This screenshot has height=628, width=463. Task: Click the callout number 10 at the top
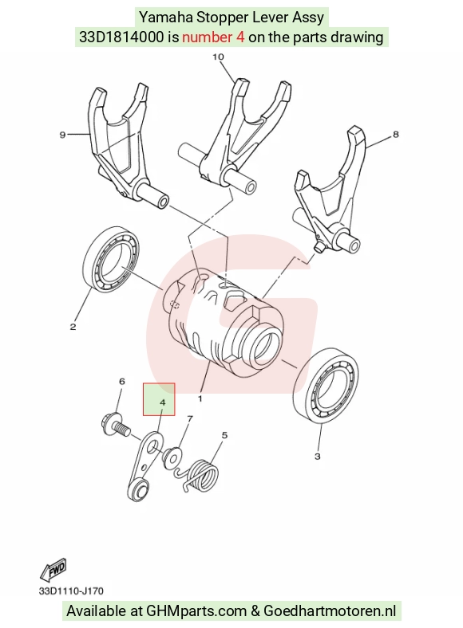218,57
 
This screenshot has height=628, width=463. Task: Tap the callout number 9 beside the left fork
62,135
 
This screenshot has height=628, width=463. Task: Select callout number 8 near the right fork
396,134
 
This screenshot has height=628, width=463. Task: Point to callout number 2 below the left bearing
73,327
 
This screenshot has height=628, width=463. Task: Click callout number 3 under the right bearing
318,456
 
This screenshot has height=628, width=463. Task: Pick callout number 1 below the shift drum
200,398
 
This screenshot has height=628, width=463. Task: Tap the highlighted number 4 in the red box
163,402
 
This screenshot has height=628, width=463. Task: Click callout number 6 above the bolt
122,381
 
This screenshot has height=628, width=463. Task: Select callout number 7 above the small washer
190,419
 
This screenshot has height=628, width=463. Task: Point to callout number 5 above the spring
224,435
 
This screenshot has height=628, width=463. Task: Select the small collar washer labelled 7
172,456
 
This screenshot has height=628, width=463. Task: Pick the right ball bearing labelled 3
326,384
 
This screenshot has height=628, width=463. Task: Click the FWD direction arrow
53,569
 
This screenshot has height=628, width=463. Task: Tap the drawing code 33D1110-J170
71,591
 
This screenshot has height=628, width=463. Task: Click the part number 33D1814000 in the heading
121,37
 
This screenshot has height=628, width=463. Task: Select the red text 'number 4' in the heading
213,37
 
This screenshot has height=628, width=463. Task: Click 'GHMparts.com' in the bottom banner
196,611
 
